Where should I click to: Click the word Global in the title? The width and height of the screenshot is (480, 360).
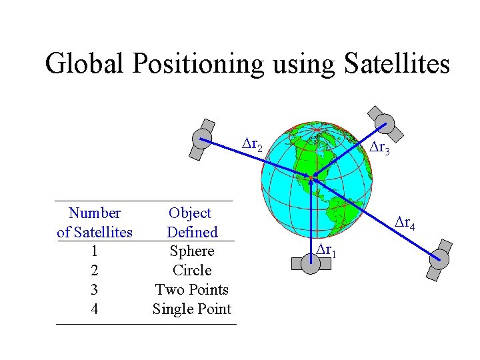[x=85, y=64]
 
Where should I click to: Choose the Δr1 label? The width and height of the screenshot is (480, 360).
[x=326, y=250]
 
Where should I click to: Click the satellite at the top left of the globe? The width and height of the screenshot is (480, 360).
[x=202, y=139]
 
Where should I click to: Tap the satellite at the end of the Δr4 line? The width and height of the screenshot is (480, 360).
[x=438, y=259]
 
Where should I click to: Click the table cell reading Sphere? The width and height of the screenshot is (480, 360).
[x=192, y=251]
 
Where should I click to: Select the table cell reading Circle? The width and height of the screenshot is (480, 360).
[x=192, y=271]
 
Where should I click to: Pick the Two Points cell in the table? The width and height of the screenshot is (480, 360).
[x=192, y=290]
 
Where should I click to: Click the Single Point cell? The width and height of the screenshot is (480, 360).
[x=192, y=309]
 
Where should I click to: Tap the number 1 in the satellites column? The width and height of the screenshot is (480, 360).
[x=95, y=251]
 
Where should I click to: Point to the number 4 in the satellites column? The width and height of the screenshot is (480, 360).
[x=95, y=309]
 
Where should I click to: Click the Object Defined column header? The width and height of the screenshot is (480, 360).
[x=191, y=223]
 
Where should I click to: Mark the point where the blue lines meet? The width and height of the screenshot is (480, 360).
[x=312, y=177]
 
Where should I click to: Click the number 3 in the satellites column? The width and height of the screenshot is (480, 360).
[x=95, y=290]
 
